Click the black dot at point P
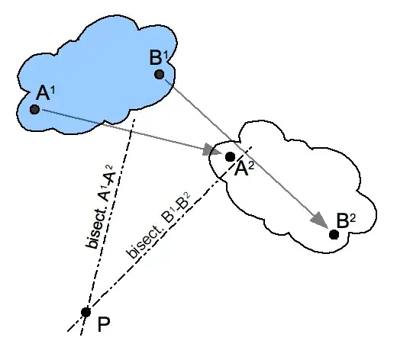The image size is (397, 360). pyautogui.click(x=86, y=312)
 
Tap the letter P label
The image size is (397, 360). pyautogui.click(x=102, y=326)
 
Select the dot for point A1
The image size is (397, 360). pyautogui.click(x=35, y=110)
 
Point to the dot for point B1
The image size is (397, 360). pyautogui.click(x=159, y=74)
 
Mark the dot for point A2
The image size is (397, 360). pyautogui.click(x=231, y=156)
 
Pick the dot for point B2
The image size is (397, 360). pyautogui.click(x=334, y=233)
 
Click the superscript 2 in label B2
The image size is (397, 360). pyautogui.click(x=352, y=215)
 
